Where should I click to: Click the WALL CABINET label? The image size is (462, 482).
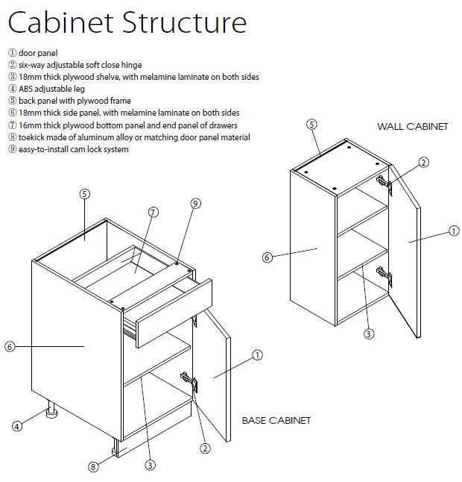tap(412, 126)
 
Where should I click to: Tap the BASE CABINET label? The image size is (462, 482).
tap(276, 420)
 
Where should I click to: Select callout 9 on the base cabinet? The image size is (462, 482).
tap(194, 203)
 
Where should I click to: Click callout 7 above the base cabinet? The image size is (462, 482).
tap(153, 212)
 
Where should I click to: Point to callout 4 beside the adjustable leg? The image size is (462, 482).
tap(16, 426)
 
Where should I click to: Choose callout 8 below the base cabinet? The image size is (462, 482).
tap(93, 467)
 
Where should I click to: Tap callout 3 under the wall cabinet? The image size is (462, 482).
tap(368, 334)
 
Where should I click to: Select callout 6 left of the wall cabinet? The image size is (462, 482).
tap(267, 257)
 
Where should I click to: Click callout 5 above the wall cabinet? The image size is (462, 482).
tap(311, 124)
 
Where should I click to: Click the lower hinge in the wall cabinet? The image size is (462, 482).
tap(384, 275)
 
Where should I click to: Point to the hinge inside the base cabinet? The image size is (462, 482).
tap(190, 381)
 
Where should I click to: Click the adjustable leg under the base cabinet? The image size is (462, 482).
tap(53, 410)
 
